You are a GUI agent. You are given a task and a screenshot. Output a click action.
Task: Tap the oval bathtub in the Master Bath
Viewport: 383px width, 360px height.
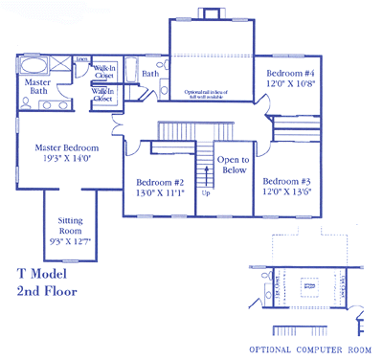click(36, 67)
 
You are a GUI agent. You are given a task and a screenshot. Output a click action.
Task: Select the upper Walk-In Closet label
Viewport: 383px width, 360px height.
click(104, 71)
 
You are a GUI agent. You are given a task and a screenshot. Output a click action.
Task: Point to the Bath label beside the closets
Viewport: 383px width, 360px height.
click(150, 74)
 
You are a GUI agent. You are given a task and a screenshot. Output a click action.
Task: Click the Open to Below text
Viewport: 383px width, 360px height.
click(233, 166)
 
